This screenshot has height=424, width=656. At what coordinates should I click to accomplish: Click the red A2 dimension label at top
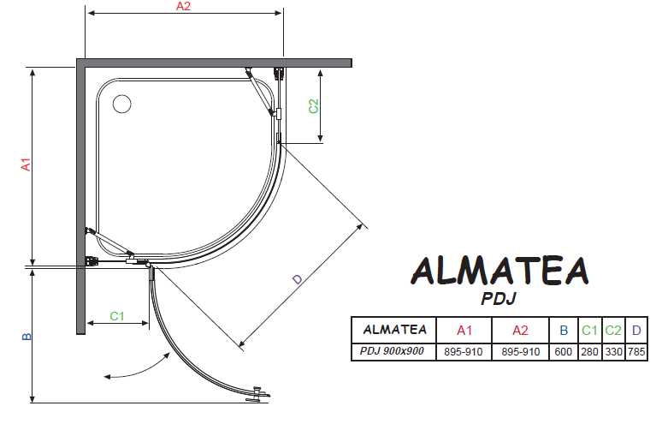(x=183, y=6)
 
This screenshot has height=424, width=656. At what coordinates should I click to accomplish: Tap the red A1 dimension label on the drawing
(x=27, y=164)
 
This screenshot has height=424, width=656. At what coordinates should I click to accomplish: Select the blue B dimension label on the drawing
(x=27, y=337)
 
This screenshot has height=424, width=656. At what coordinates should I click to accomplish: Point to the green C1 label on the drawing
(x=117, y=316)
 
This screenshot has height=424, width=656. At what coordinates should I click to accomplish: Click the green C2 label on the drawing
(x=313, y=106)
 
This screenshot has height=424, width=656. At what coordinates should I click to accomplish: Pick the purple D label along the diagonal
(x=298, y=279)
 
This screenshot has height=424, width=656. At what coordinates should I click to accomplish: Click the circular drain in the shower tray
(x=121, y=104)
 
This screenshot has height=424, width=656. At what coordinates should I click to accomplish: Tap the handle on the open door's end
(x=257, y=395)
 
